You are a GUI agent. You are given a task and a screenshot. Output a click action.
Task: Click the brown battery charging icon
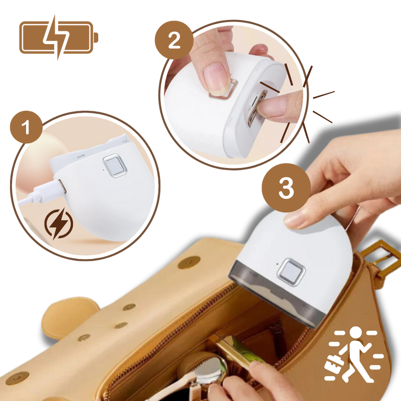[x=58, y=37]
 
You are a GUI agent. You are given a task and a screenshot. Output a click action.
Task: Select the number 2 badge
[x=173, y=40]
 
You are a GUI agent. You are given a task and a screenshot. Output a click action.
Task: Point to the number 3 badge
[x=285, y=189]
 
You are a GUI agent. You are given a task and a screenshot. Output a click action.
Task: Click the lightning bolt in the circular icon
[x=57, y=224]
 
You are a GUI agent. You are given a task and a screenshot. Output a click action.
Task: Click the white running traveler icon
[x=355, y=350]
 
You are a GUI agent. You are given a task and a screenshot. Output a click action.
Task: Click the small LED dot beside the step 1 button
[x=102, y=168]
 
